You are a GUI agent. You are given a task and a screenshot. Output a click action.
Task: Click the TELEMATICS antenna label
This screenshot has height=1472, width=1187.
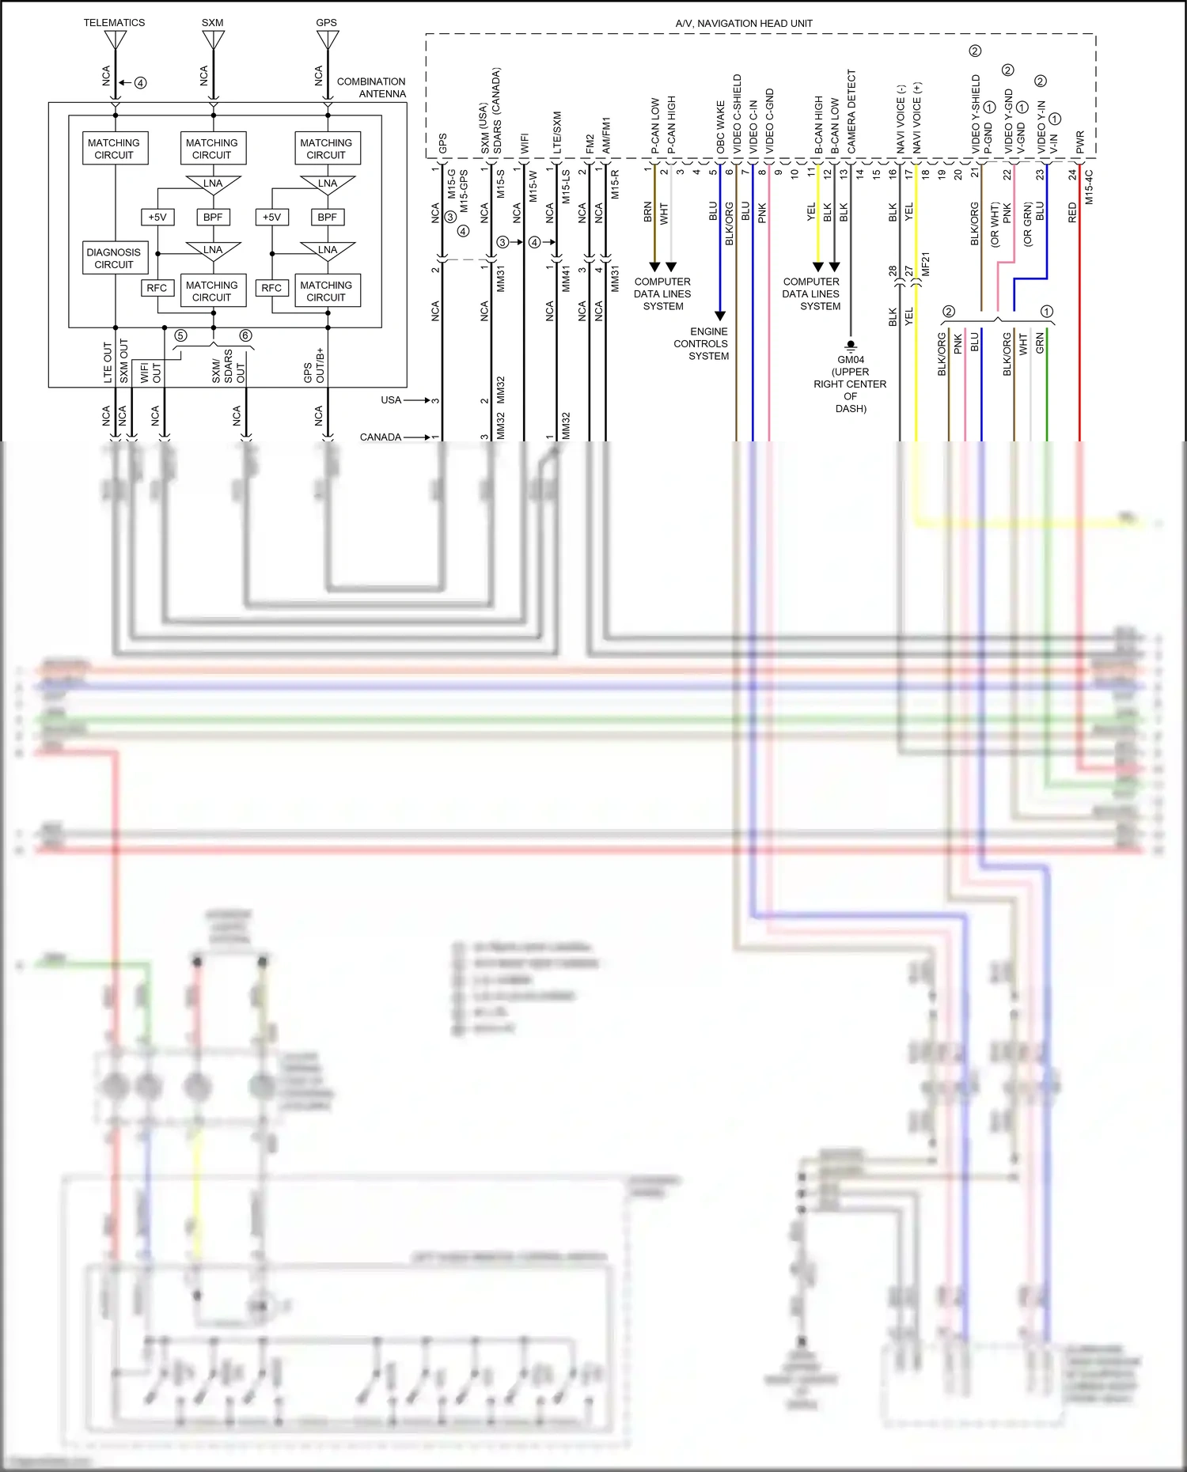click(x=114, y=22)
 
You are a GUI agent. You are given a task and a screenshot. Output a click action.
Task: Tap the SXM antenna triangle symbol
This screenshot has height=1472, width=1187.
click(x=214, y=39)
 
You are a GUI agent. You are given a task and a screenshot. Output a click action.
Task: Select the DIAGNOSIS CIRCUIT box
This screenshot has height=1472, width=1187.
click(x=114, y=258)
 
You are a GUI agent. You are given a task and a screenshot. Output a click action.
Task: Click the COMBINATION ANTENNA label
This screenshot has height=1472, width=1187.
click(x=371, y=87)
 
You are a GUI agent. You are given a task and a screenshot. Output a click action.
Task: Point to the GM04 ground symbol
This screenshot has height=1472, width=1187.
click(x=851, y=346)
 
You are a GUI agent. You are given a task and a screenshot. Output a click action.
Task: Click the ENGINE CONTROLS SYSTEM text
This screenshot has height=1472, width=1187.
click(x=701, y=343)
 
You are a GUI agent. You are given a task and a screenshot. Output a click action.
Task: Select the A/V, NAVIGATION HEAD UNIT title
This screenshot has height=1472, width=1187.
click(x=743, y=23)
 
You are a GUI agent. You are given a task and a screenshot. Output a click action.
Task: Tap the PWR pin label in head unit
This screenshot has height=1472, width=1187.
click(x=1080, y=142)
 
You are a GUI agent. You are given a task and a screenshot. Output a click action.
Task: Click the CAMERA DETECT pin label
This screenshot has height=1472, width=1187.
click(x=851, y=112)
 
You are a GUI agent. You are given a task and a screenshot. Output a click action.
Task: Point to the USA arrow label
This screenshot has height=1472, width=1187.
click(x=391, y=399)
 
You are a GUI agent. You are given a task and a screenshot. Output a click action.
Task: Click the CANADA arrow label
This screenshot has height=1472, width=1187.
click(x=381, y=437)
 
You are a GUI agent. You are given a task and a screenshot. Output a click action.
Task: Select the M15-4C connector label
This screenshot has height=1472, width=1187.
click(x=1089, y=187)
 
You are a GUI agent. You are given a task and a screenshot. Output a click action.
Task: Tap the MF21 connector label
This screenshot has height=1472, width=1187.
click(x=925, y=264)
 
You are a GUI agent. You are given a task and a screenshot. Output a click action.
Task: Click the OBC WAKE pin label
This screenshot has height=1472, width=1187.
click(x=720, y=127)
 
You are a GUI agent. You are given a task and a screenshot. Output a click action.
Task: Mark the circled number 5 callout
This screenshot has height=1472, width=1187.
click(x=180, y=335)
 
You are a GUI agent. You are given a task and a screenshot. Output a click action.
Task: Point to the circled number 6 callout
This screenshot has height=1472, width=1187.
click(x=245, y=335)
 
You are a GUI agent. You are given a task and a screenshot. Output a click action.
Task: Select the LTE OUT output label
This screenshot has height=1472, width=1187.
click(x=108, y=363)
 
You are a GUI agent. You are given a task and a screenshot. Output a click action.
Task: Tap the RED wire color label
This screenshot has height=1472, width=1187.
click(x=1072, y=212)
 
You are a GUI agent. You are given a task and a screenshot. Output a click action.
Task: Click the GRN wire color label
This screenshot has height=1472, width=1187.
click(x=1040, y=342)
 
